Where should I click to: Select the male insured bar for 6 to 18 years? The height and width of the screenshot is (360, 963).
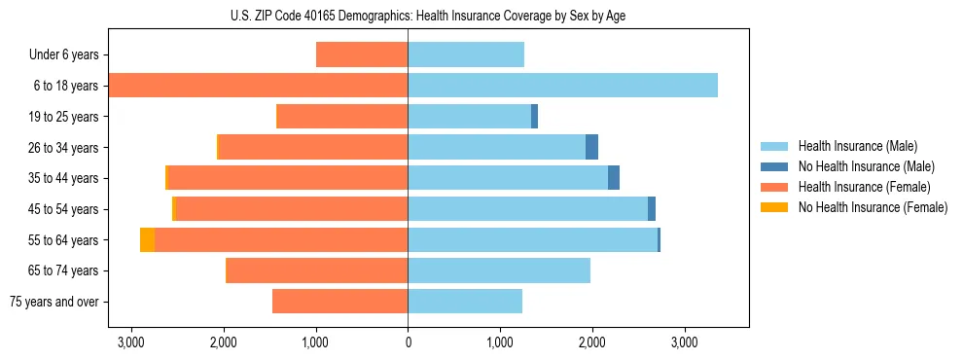pos(562,86)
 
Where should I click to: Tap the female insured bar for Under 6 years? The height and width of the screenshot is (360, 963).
pos(362,54)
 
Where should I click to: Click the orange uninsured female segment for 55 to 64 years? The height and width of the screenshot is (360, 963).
pos(147,240)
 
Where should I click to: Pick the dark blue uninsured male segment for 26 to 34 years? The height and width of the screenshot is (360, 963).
pos(591,147)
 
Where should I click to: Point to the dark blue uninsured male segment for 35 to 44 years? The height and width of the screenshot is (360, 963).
pos(614,178)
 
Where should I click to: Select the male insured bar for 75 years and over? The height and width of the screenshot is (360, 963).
pos(465,302)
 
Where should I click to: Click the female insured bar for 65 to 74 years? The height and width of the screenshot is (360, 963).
pos(316,270)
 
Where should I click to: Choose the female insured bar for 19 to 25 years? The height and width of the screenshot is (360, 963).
pos(342,117)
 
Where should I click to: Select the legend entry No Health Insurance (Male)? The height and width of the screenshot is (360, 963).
pos(866,166)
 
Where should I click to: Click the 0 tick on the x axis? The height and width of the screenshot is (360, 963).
pos(408,342)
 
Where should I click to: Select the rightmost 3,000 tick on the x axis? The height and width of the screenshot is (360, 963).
pos(684,342)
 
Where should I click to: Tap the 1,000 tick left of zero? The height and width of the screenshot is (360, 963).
pos(316,342)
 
